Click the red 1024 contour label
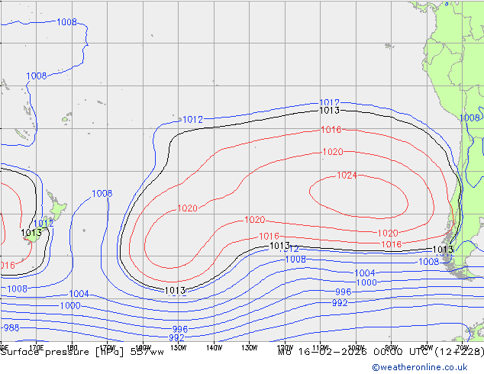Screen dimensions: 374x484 (347, 176)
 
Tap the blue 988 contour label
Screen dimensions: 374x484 (11, 328)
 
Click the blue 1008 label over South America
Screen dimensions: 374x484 (469, 118)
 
